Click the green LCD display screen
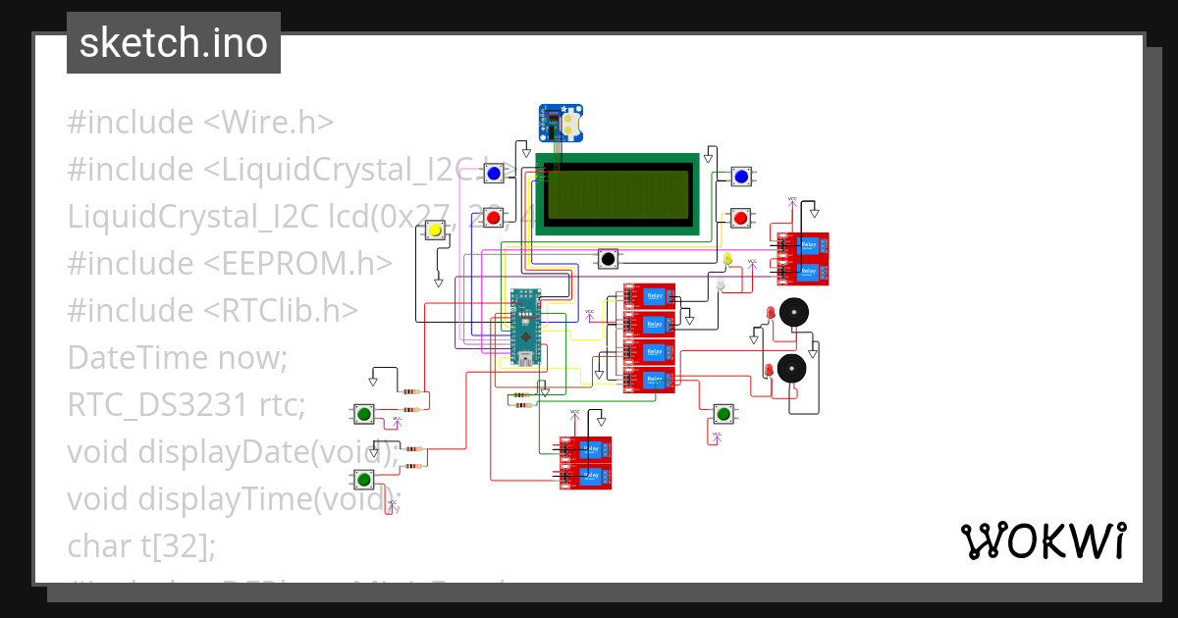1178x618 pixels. pyautogui.click(x=618, y=194)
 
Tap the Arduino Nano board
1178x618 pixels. pyautogui.click(x=526, y=327)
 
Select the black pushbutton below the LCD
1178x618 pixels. pyautogui.click(x=609, y=259)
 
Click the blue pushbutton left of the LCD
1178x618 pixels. pyautogui.click(x=494, y=174)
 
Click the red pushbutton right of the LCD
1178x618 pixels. pyautogui.click(x=741, y=217)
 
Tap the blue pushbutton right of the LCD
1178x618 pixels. pyautogui.click(x=741, y=177)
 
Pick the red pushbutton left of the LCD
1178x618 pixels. pyautogui.click(x=494, y=217)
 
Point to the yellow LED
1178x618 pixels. pyautogui.click(x=727, y=259)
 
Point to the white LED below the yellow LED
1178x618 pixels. pyautogui.click(x=721, y=284)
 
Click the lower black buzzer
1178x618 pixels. pyautogui.click(x=791, y=369)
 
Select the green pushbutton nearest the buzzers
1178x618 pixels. pyautogui.click(x=723, y=412)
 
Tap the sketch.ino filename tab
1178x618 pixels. pyautogui.click(x=174, y=43)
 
